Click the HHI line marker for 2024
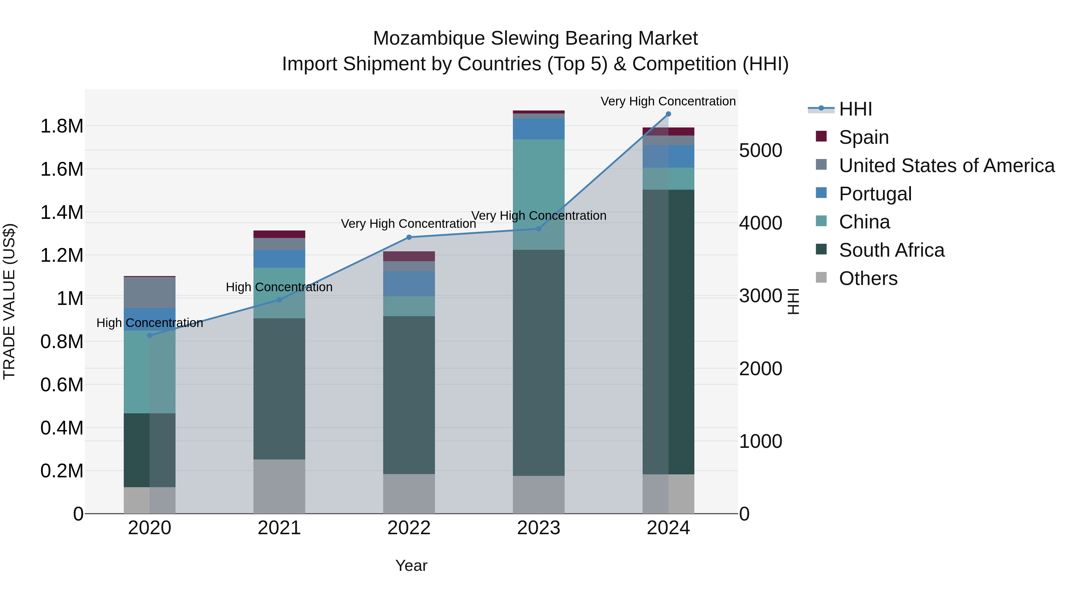pos(668,114)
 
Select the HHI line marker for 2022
pos(409,237)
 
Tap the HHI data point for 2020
pos(150,335)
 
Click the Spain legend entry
pos(864,137)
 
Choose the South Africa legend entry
pos(891,250)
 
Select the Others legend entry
pos(868,278)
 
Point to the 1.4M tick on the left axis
pos(62,212)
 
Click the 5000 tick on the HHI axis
pos(760,150)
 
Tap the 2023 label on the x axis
pos(538,528)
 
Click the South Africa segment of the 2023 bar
pos(538,362)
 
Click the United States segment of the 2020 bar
pos(150,292)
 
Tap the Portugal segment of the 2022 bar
pos(409,283)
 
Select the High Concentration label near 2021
pos(279,287)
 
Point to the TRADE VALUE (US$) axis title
pos(9,301)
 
